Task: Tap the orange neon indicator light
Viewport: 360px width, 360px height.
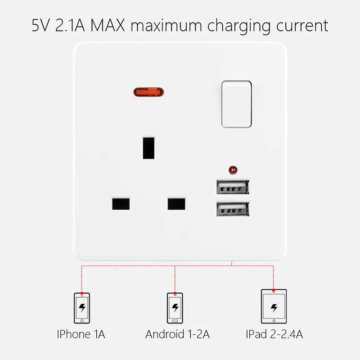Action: tap(148, 92)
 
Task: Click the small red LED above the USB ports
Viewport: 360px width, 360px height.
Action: tap(233, 170)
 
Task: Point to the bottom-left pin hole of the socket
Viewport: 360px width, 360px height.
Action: tap(121, 203)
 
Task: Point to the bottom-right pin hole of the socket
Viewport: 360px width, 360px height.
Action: tap(176, 203)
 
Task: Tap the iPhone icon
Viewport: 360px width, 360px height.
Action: tap(82, 308)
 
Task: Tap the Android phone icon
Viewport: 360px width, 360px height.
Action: tap(175, 308)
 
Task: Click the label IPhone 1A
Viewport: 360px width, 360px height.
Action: tap(81, 334)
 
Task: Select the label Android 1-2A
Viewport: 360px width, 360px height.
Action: tap(177, 334)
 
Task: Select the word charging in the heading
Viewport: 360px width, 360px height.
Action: tap(239, 27)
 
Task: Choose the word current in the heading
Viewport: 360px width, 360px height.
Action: tap(302, 26)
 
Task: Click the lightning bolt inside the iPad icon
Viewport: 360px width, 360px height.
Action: tap(274, 308)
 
